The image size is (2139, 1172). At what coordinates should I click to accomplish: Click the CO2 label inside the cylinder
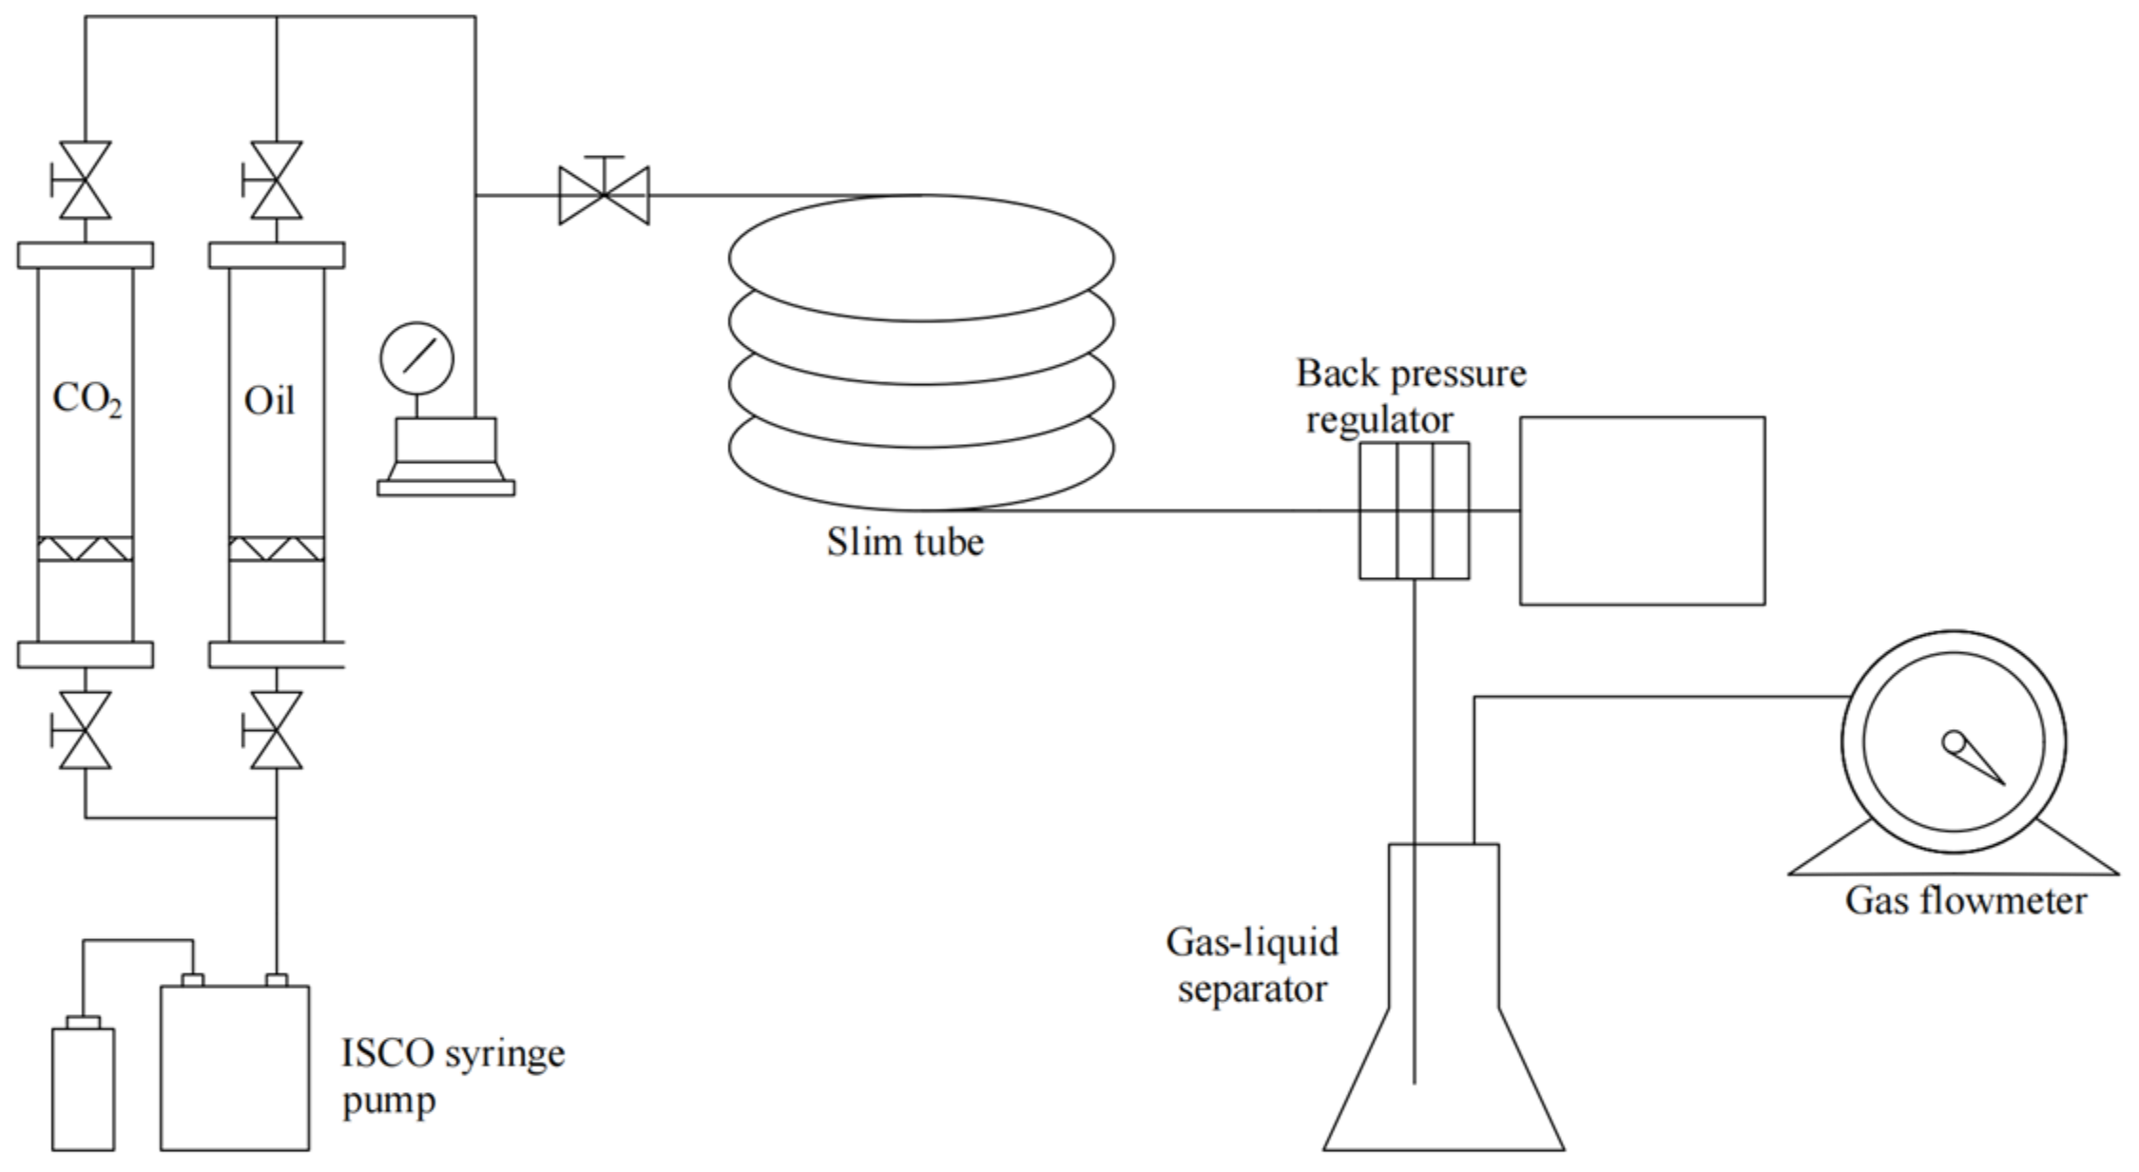(87, 399)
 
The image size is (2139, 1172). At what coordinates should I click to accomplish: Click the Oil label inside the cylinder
(269, 401)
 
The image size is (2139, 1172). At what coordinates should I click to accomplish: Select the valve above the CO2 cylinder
(85, 181)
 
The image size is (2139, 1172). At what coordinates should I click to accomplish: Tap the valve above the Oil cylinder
(276, 181)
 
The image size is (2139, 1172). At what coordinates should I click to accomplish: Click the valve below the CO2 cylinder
(85, 730)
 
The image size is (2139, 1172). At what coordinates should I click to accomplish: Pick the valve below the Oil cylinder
(276, 730)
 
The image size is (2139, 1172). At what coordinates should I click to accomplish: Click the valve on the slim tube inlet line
(604, 195)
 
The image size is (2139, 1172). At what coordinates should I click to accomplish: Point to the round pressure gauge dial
(416, 358)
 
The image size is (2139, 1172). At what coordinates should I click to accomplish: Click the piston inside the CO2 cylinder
(85, 548)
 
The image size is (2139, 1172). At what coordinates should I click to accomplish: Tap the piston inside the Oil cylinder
(276, 548)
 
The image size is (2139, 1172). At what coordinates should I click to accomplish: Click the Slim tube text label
(904, 542)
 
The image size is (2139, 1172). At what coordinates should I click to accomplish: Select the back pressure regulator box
(1413, 510)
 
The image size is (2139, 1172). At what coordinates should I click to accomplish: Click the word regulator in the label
(1378, 419)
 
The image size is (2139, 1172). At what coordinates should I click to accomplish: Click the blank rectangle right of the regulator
(1642, 510)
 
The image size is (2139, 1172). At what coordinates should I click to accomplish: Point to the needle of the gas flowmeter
(1975, 760)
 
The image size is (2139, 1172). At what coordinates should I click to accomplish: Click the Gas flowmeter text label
(1965, 900)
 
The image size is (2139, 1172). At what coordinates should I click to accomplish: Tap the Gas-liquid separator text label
(1251, 965)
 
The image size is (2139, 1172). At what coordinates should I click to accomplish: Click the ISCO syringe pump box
(234, 1067)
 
